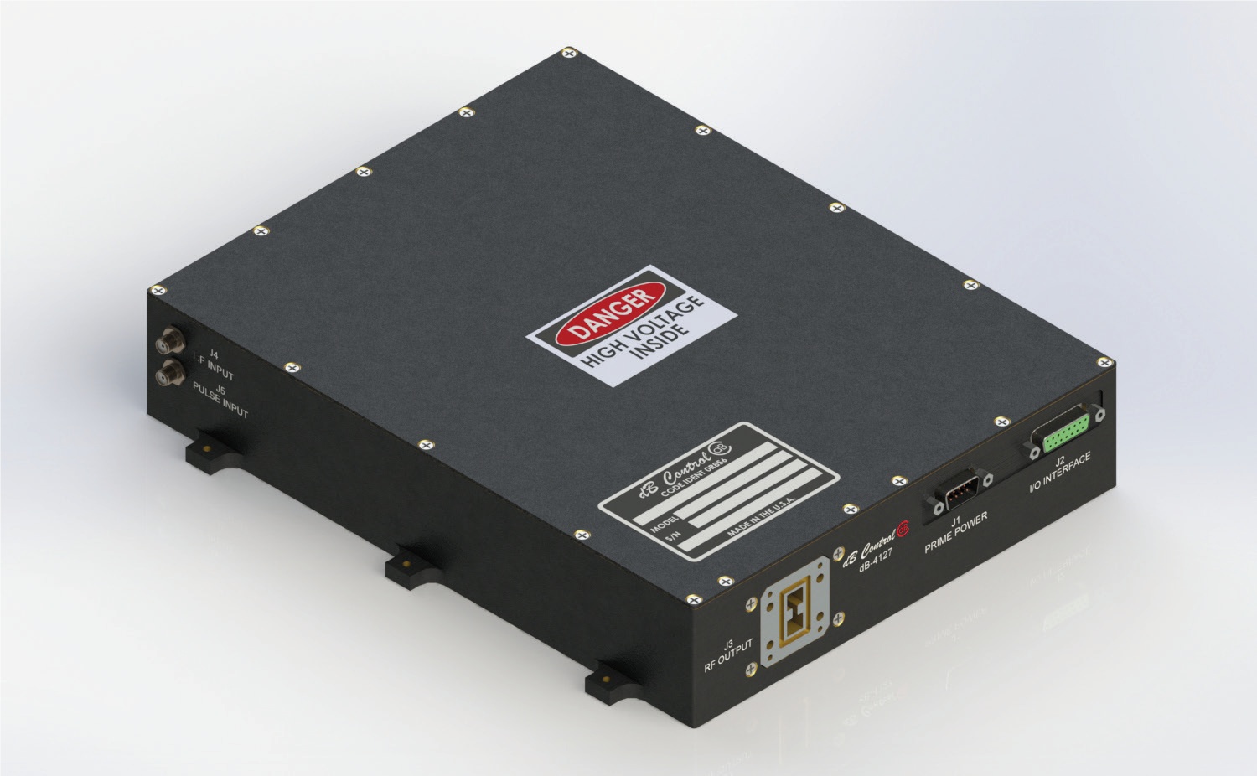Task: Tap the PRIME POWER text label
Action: click(956, 534)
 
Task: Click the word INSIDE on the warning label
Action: click(663, 347)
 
